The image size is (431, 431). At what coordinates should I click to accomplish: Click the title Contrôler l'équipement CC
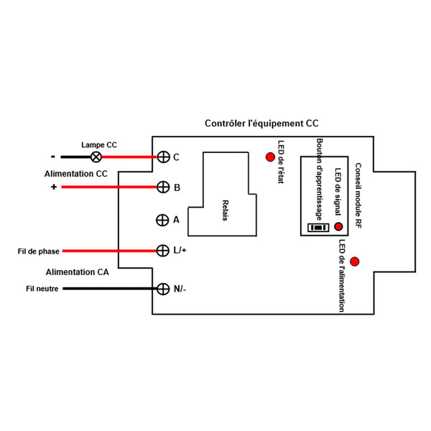point(261,124)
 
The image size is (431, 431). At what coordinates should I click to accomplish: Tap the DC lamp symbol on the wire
point(95,157)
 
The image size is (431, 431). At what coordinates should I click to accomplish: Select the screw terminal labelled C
point(163,157)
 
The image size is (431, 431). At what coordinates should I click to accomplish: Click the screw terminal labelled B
point(163,187)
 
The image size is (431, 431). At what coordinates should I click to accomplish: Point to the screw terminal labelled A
point(163,220)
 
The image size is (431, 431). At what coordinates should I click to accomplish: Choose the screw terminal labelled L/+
point(163,251)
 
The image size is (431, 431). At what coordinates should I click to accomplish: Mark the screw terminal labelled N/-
point(163,289)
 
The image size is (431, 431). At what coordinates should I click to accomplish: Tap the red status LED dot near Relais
point(270,157)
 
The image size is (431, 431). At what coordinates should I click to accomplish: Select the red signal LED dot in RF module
point(338,226)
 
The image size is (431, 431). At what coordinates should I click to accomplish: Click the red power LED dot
point(354,261)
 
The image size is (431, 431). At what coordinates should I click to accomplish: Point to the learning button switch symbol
point(317,227)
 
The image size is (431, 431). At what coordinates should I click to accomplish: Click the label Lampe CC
point(99,144)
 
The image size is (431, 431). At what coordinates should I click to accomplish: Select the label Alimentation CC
point(76,174)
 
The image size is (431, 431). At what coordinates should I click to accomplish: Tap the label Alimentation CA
point(78,272)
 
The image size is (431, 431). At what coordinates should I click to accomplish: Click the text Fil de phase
point(39,251)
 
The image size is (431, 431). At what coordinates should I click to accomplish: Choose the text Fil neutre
point(41,289)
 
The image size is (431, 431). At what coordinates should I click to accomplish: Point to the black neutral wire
point(108,289)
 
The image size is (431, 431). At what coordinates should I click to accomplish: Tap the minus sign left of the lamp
point(52,156)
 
